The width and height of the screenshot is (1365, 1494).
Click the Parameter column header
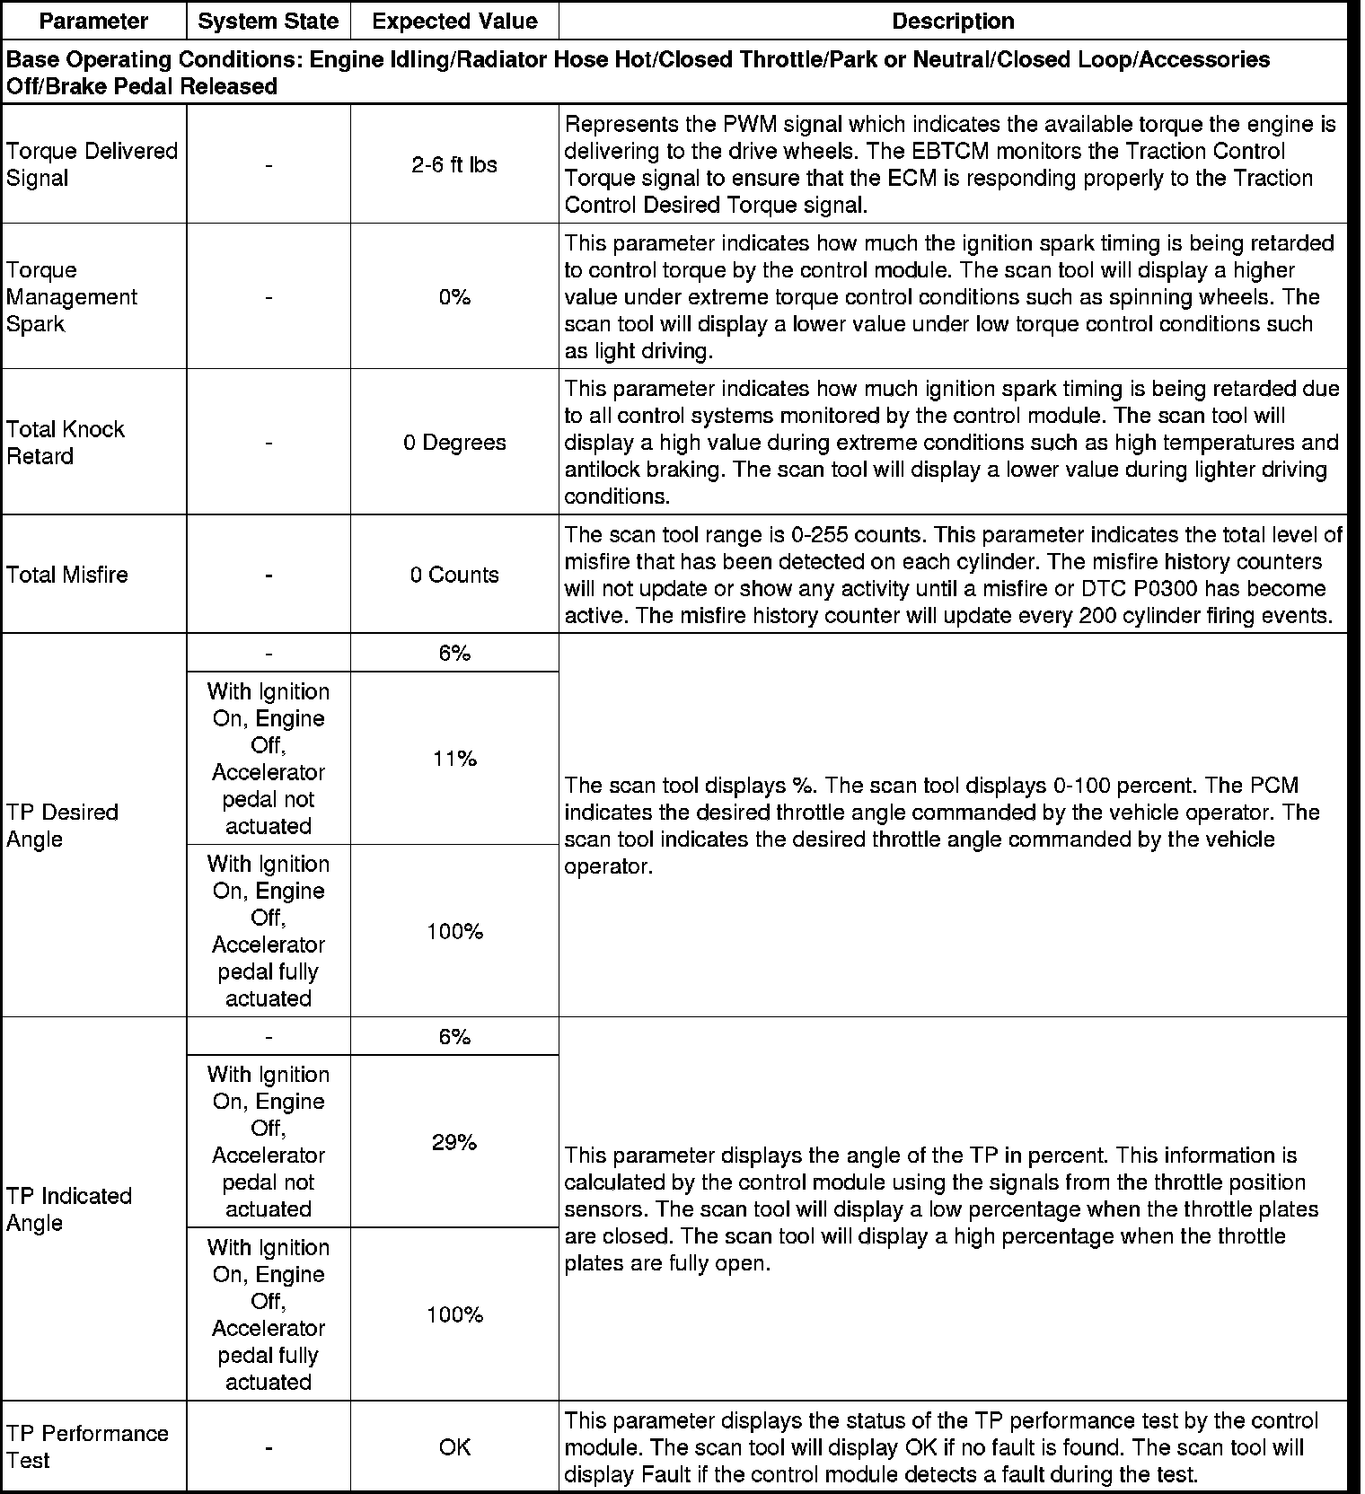[x=94, y=21]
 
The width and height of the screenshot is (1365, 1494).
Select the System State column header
[x=269, y=21]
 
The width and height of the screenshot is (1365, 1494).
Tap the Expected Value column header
[x=454, y=21]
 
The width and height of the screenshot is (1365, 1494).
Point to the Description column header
[x=953, y=21]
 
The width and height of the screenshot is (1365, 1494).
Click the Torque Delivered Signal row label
[x=92, y=164]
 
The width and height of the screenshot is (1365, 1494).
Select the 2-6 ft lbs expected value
[x=454, y=165]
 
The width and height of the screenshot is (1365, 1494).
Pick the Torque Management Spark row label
[x=72, y=297]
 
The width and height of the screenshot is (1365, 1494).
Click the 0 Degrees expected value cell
[x=454, y=443]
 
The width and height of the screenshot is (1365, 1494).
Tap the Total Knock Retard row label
[x=66, y=443]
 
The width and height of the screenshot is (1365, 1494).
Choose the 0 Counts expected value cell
[x=454, y=575]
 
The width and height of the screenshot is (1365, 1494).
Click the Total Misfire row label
[x=67, y=575]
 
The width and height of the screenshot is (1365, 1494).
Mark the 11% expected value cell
[x=454, y=759]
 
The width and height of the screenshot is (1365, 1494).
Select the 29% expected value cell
[x=454, y=1142]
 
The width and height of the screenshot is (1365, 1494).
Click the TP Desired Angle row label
[x=62, y=825]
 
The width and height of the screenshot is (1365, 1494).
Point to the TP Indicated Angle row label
[x=69, y=1209]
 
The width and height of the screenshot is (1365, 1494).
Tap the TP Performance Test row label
[x=87, y=1446]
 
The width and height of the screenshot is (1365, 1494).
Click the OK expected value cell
[x=454, y=1447]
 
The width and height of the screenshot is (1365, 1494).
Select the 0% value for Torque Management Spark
[x=454, y=297]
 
